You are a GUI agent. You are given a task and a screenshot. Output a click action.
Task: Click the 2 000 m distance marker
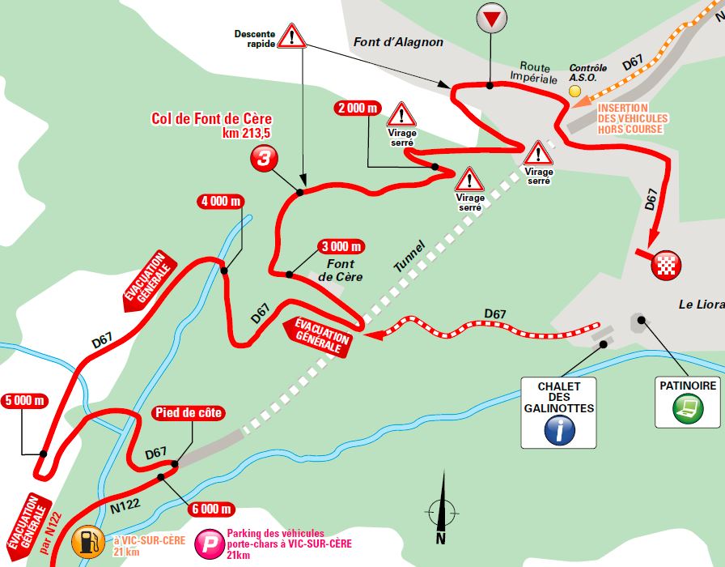pyautogui.click(x=357, y=109)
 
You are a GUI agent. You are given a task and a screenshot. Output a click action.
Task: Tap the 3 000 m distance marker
pyautogui.click(x=340, y=246)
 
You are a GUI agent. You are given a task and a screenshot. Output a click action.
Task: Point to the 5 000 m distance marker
pyautogui.click(x=25, y=400)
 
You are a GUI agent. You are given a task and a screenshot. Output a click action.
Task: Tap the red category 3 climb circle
pyautogui.click(x=262, y=159)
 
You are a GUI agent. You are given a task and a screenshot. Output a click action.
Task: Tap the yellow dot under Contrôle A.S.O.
pyautogui.click(x=575, y=92)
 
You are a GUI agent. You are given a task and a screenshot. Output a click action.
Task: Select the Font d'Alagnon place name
pyautogui.click(x=398, y=43)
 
